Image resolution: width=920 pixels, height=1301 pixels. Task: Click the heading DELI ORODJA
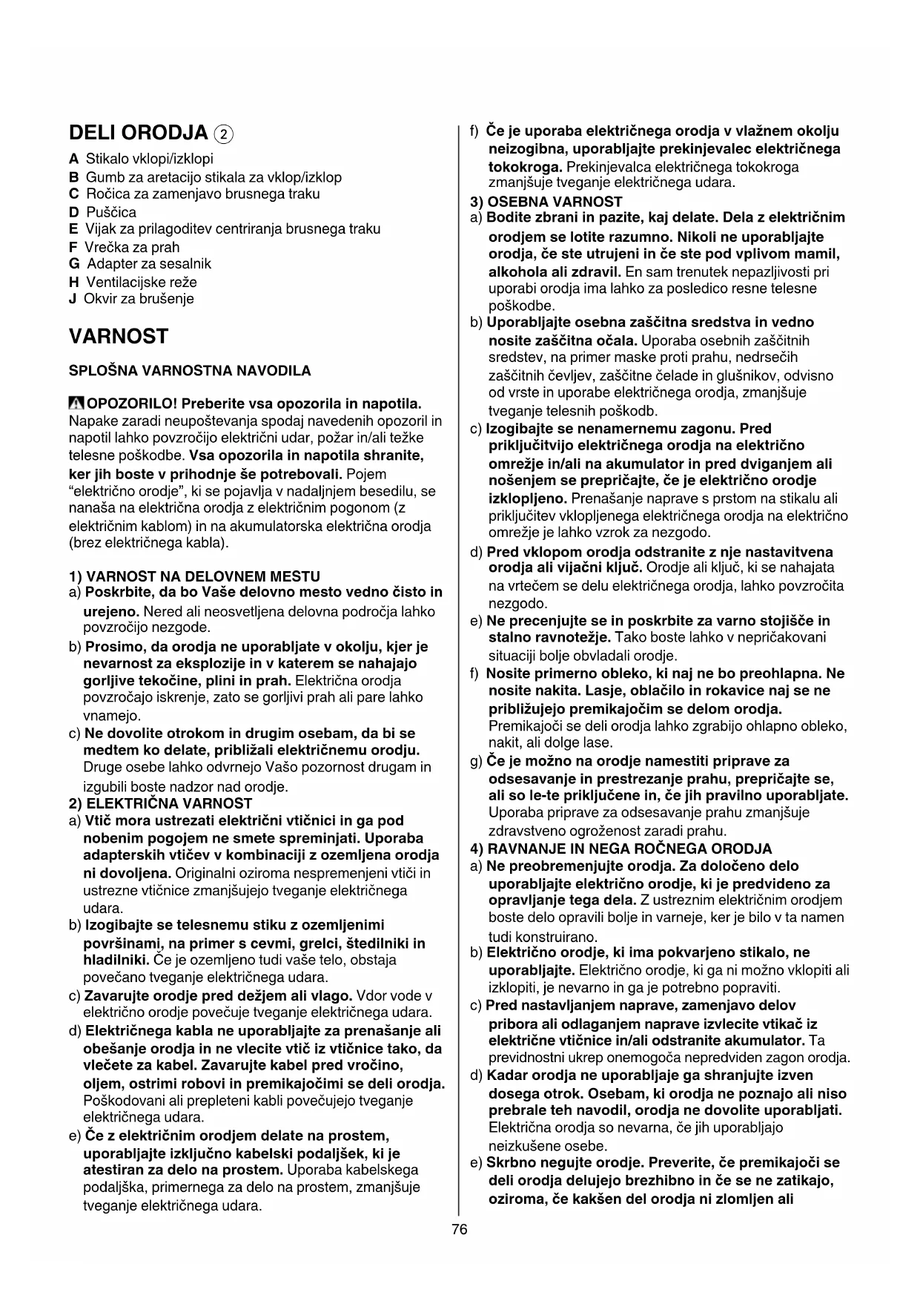tap(138, 134)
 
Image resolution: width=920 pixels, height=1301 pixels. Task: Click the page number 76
tap(460, 1230)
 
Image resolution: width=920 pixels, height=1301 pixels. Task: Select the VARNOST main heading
tap(119, 336)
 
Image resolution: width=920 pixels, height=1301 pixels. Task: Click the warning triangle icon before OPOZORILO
tap(76, 404)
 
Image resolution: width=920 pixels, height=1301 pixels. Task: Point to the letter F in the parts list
tap(73, 248)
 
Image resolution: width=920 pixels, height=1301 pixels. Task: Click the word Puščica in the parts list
tap(111, 212)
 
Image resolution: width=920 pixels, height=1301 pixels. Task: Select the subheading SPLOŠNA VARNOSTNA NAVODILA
tap(190, 370)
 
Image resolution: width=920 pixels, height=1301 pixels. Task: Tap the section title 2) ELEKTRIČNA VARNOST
tap(160, 803)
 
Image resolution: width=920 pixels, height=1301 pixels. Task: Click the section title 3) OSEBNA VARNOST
tap(546, 201)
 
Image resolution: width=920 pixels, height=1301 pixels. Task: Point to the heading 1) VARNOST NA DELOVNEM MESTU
tap(194, 576)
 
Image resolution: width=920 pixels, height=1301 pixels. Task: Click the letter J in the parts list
tap(73, 299)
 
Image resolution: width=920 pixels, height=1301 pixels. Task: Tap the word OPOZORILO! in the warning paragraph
tap(132, 404)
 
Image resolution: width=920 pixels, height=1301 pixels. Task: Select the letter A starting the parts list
tap(73, 159)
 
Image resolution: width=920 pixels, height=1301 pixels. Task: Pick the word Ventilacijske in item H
tap(127, 282)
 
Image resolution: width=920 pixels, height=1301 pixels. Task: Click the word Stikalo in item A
tap(108, 159)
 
